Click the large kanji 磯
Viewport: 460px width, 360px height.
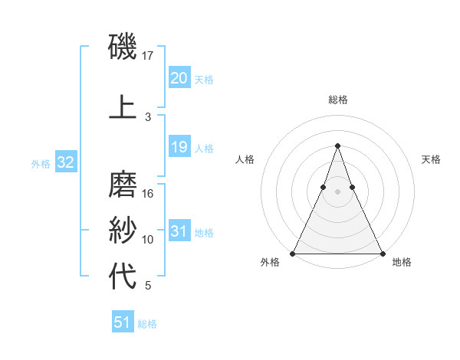[x=123, y=47]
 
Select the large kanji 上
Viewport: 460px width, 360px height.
[x=123, y=107]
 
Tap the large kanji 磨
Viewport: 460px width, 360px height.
[x=123, y=185]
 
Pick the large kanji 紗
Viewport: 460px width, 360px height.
[x=123, y=230]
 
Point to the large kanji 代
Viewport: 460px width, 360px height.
[x=123, y=276]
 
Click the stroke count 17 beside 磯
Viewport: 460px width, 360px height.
[x=148, y=55]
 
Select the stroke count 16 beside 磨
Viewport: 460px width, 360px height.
[x=148, y=194]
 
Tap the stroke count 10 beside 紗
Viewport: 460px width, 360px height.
[x=148, y=240]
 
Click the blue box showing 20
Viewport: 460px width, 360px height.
[x=179, y=78]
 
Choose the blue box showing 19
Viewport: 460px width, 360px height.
[x=179, y=147]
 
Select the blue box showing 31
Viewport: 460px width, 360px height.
[x=179, y=231]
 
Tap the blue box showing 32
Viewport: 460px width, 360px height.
[x=65, y=162]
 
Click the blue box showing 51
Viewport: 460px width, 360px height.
[x=123, y=322]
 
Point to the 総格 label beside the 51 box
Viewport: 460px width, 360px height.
[x=148, y=324]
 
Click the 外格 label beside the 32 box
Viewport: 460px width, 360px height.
[x=41, y=163]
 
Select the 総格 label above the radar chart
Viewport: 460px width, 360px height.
[x=337, y=100]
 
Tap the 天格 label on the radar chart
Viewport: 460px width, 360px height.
[x=432, y=159]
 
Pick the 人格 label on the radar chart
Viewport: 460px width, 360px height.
[x=245, y=159]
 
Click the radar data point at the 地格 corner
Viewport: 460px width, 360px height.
[x=382, y=253]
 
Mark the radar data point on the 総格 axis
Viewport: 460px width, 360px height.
[x=337, y=146]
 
